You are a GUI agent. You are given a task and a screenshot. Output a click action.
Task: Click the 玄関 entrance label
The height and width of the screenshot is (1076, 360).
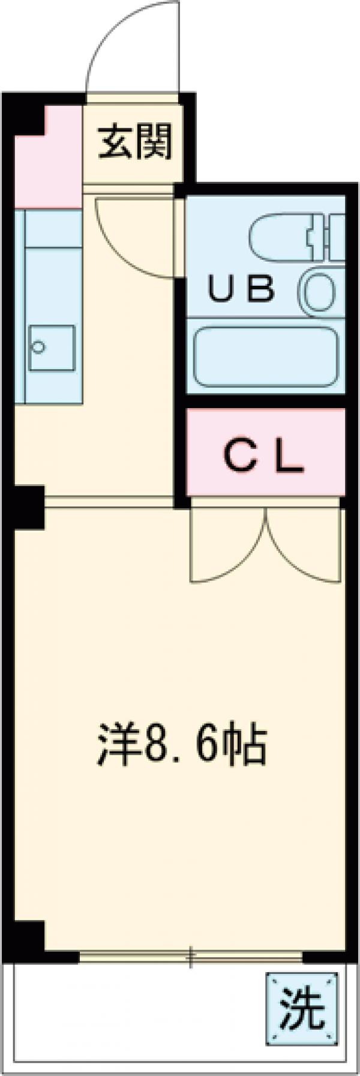(135, 142)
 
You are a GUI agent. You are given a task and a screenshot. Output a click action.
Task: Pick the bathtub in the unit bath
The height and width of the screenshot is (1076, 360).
(265, 358)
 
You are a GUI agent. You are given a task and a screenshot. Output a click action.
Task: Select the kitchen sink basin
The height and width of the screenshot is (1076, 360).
(52, 349)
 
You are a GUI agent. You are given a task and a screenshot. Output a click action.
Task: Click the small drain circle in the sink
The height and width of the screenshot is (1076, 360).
(39, 346)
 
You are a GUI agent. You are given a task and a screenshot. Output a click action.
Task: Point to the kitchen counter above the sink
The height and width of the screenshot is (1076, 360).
(52, 264)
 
